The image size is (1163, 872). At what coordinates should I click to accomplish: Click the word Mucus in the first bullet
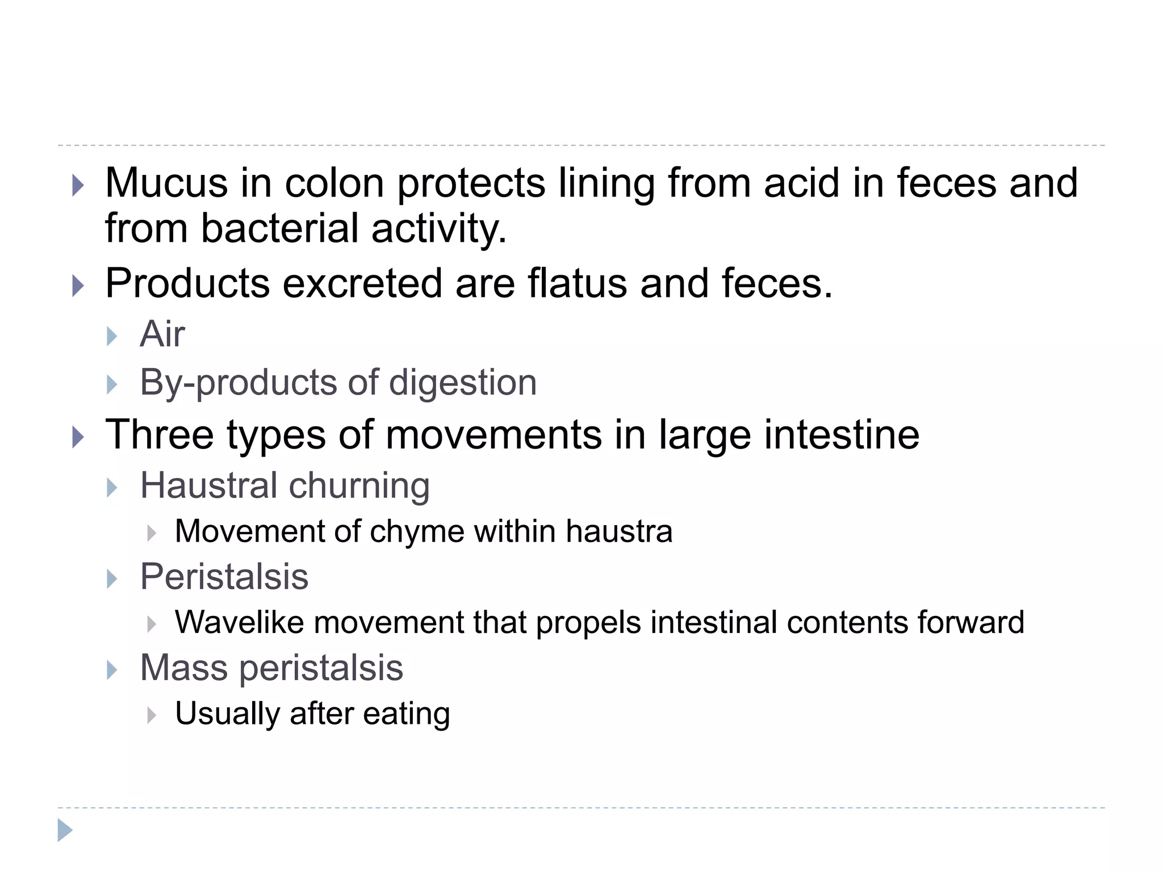click(166, 183)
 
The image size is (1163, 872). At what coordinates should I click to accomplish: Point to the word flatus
click(578, 283)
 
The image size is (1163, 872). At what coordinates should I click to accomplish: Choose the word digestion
click(463, 383)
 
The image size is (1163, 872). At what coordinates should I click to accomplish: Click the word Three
click(160, 435)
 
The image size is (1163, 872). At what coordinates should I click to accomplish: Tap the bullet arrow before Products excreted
click(78, 286)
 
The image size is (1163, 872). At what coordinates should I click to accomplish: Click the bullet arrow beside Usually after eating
click(151, 715)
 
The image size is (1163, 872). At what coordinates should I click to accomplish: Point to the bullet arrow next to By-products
click(112, 385)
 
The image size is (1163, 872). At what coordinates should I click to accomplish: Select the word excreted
click(362, 283)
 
